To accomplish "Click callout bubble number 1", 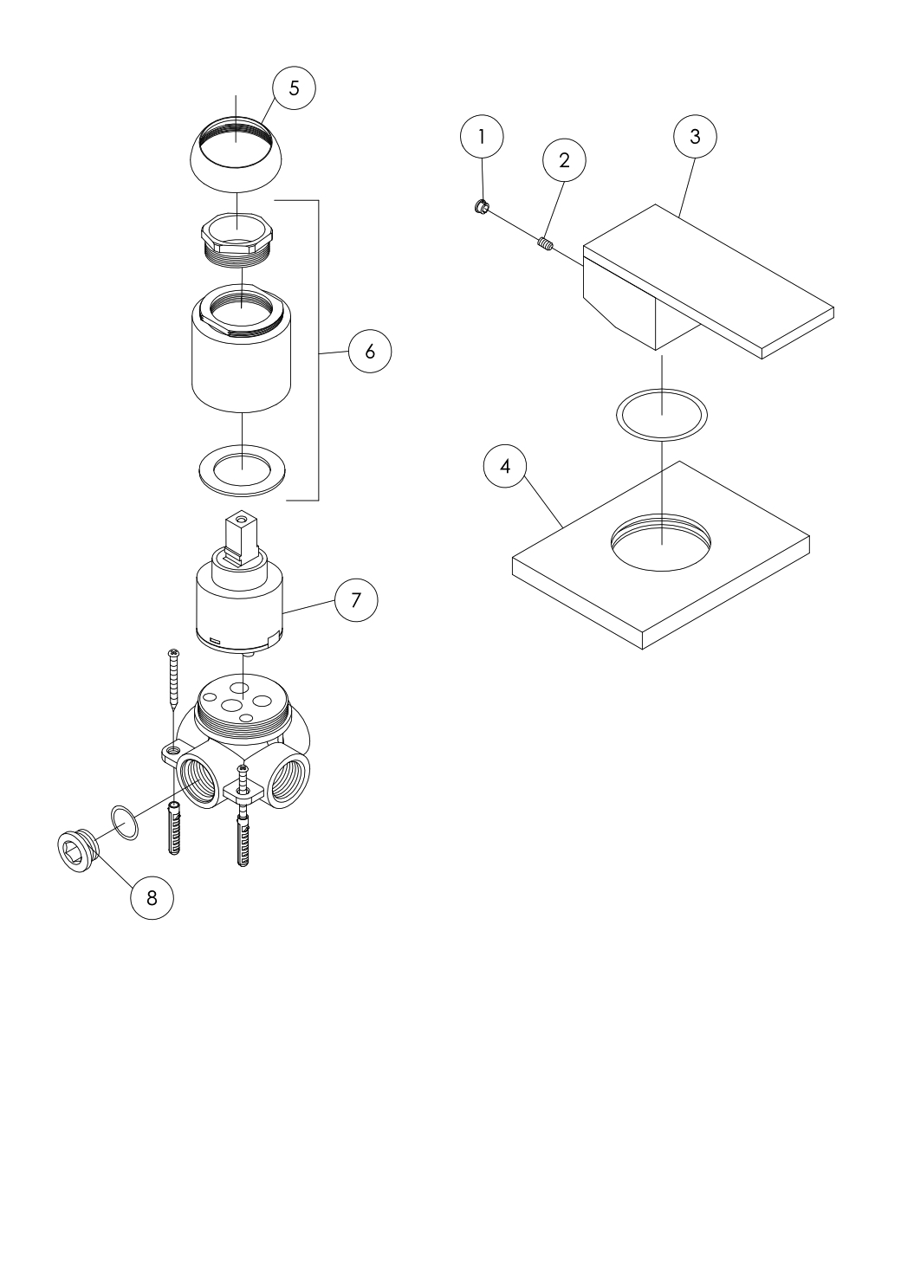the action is (x=482, y=137).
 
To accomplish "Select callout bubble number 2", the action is (x=564, y=160).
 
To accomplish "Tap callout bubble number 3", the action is (x=695, y=137).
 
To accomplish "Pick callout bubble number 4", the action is (x=505, y=466).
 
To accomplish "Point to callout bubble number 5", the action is (x=294, y=88).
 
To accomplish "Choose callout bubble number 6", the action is (x=370, y=352).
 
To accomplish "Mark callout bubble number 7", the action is (x=356, y=599).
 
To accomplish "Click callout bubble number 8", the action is (x=152, y=898).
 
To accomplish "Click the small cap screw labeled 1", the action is (x=481, y=206).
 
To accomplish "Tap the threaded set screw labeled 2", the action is (x=546, y=244).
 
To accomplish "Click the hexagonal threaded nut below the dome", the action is (x=237, y=239).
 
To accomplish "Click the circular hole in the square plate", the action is (x=661, y=542).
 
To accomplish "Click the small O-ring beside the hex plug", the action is (x=125, y=823).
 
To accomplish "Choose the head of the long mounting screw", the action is (x=173, y=651).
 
